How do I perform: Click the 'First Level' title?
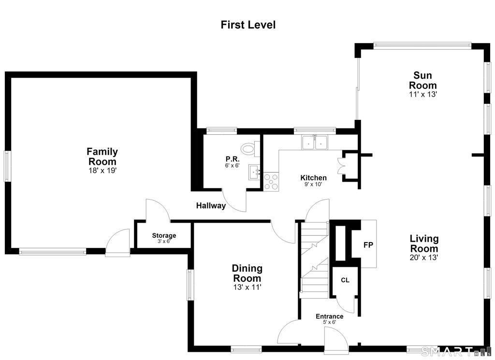pyautogui.click(x=248, y=25)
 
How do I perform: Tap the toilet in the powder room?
pyautogui.click(x=250, y=149)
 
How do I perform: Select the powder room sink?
pyautogui.click(x=254, y=172)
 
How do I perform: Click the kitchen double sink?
pyautogui.click(x=315, y=142)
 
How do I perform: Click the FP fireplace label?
pyautogui.click(x=368, y=245)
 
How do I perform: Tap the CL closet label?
pyautogui.click(x=345, y=280)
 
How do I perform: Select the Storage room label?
pyautogui.click(x=164, y=235)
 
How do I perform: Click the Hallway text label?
pyautogui.click(x=211, y=206)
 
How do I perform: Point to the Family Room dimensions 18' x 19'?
pyautogui.click(x=102, y=171)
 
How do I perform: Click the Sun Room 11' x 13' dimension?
pyautogui.click(x=422, y=94)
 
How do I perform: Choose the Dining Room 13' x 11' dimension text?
pyautogui.click(x=247, y=287)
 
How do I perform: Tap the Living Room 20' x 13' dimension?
pyautogui.click(x=423, y=258)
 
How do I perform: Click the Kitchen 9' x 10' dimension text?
pyautogui.click(x=313, y=184)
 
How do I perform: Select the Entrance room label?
pyautogui.click(x=330, y=316)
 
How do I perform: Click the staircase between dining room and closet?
pyautogui.click(x=314, y=260)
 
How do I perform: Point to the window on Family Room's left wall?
pyautogui.click(x=7, y=166)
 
